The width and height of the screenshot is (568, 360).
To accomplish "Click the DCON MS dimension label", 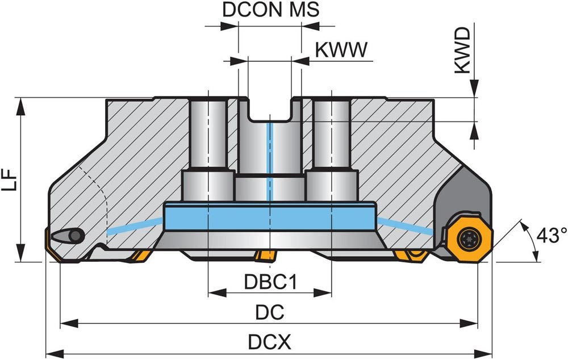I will click(x=270, y=10).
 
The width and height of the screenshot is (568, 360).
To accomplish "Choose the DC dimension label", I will click(x=270, y=313).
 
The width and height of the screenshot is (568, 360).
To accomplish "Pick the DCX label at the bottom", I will click(x=270, y=342).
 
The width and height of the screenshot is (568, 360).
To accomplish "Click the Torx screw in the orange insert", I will click(x=468, y=238).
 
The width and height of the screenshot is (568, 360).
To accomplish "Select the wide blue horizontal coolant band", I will click(x=270, y=215).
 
